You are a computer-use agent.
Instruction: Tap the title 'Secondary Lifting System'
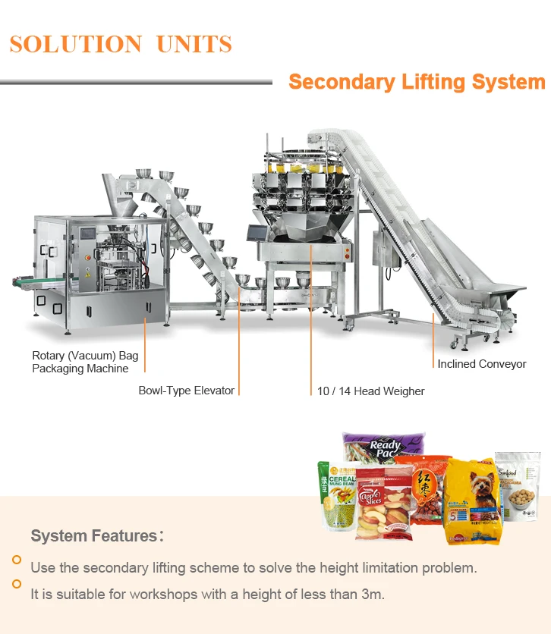pos(417,82)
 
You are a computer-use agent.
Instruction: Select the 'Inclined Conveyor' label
pos(481,364)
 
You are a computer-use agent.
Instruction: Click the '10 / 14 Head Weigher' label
pos(370,391)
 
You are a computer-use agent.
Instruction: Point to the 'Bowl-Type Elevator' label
pos(186,391)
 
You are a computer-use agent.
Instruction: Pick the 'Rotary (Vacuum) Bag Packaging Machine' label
pos(85,362)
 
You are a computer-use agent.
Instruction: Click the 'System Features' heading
pos(93,536)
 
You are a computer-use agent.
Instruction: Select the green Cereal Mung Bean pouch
pos(335,497)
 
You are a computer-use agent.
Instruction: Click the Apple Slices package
pos(385,504)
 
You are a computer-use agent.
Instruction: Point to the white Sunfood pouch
pos(518,485)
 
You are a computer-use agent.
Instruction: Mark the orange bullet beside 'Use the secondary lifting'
pos(17,560)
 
